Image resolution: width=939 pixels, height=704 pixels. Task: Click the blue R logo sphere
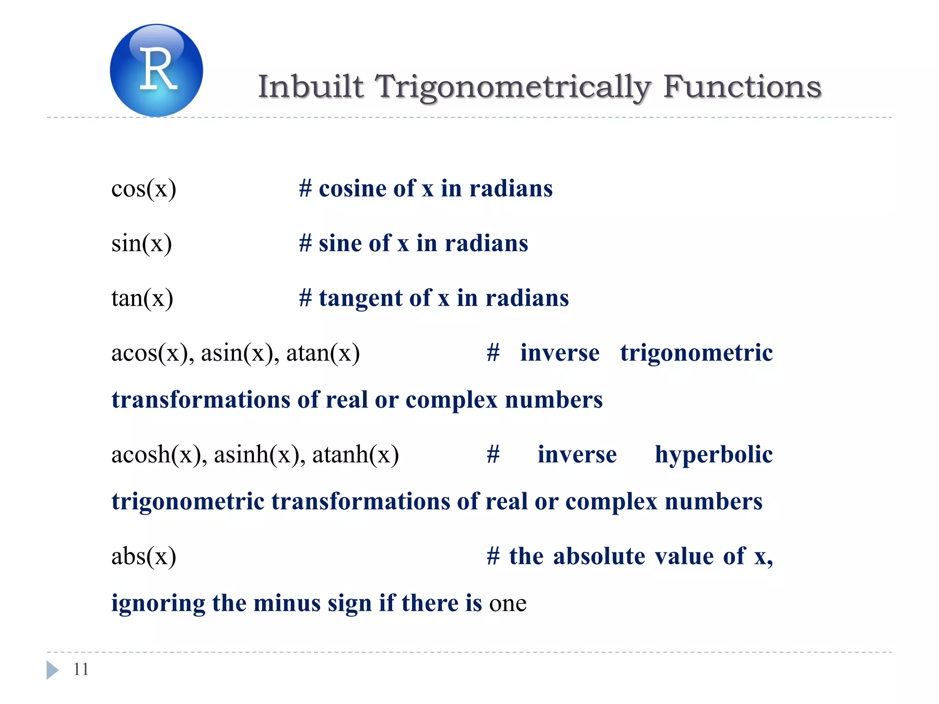click(x=156, y=70)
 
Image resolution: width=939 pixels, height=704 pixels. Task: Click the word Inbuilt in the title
click(x=311, y=87)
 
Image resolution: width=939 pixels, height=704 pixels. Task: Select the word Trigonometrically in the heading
click(x=513, y=87)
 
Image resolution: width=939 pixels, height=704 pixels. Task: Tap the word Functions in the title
click(x=742, y=87)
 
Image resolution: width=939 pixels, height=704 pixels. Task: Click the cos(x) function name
click(x=144, y=189)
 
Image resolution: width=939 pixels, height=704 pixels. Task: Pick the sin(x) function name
click(x=142, y=243)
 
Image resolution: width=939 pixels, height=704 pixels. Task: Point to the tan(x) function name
click(x=142, y=298)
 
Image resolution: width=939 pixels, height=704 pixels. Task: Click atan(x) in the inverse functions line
click(x=323, y=353)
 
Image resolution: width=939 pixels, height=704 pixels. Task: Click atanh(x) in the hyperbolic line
click(x=355, y=455)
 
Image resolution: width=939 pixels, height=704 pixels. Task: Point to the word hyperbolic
click(x=713, y=455)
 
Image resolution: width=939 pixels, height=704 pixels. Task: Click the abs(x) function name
click(x=144, y=556)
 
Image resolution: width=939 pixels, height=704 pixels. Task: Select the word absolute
click(x=599, y=556)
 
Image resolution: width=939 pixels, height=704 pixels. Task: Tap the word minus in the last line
click(x=287, y=603)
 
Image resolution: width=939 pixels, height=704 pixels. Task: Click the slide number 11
click(x=81, y=670)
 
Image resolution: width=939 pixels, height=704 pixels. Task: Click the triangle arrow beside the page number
click(x=52, y=670)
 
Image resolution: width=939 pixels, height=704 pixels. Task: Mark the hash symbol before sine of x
click(x=305, y=243)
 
